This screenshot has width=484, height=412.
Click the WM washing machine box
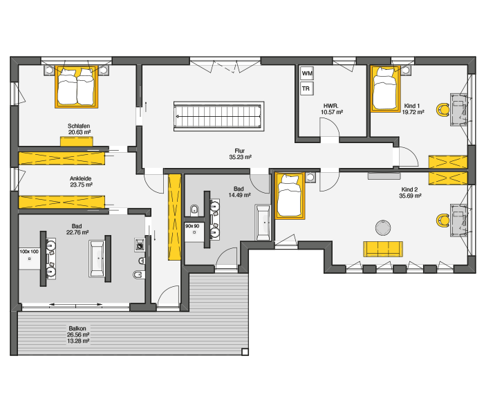coord(307,73)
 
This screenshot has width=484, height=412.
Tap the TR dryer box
coord(307,88)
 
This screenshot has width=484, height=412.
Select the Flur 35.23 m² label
coord(240,154)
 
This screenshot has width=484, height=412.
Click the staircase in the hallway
coord(218,116)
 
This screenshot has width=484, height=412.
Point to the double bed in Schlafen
coord(77,86)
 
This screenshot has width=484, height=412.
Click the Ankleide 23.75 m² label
coord(81,182)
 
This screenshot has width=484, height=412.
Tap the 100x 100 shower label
coord(29,252)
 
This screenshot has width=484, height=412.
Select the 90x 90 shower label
coord(192,226)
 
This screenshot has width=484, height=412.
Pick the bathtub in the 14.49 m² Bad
coord(263,222)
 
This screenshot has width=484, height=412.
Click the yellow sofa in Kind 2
coord(383,249)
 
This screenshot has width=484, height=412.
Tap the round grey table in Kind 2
coord(383,227)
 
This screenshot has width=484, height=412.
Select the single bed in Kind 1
coord(385,88)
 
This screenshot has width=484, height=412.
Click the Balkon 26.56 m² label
coord(78,331)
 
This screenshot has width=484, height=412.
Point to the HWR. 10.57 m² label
coord(331,109)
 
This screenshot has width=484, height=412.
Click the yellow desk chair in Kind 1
coord(443,109)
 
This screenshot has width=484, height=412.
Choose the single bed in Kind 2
coord(290,196)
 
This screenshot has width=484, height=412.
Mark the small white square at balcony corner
coord(245,352)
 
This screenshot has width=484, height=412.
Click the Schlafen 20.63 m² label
coord(80,129)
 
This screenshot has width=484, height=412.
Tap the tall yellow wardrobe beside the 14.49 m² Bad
coord(174,217)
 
